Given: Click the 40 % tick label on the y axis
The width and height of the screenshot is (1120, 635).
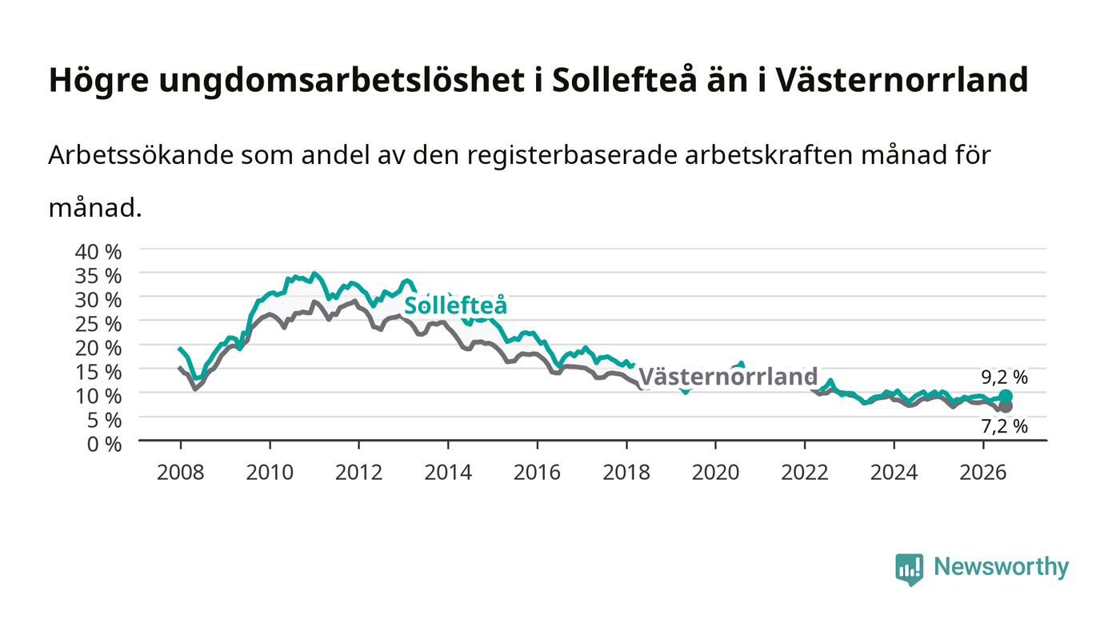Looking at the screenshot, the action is tap(98, 252).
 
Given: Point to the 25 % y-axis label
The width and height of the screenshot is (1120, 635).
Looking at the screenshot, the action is tap(98, 325).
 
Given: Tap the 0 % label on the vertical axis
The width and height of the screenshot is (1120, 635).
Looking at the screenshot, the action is tap(104, 445).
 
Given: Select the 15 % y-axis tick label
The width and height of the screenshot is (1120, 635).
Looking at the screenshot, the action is tap(98, 373).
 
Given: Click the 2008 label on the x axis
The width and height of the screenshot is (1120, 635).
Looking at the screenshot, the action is tap(181, 473).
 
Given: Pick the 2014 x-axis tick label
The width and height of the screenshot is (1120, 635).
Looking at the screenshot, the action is tap(448, 473).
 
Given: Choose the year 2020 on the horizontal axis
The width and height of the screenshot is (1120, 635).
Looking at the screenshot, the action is tap(715, 473).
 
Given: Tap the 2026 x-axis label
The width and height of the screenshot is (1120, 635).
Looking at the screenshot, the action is tap(983, 473).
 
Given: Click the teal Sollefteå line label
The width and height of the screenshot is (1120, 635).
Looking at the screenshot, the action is tap(455, 306).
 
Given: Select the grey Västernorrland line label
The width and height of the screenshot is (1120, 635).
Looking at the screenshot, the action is tap(728, 377).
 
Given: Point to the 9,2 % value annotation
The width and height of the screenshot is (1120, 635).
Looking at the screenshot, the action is tap(1005, 377).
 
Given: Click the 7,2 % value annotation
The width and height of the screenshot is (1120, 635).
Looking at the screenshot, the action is tap(1005, 426).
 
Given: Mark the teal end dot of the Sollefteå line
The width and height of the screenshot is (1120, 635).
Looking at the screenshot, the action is tap(1006, 397).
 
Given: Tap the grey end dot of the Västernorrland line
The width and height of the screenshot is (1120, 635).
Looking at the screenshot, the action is tap(1006, 406).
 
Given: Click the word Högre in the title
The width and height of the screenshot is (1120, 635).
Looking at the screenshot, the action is tap(98, 80).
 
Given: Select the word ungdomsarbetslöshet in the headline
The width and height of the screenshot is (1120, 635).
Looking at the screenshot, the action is tap(341, 80).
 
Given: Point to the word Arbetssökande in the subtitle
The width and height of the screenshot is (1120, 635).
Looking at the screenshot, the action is tap(141, 155).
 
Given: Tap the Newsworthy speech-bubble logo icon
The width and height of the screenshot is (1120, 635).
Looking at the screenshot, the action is tap(909, 569).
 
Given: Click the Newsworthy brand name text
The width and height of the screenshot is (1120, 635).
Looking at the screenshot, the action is tap(1001, 567).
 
